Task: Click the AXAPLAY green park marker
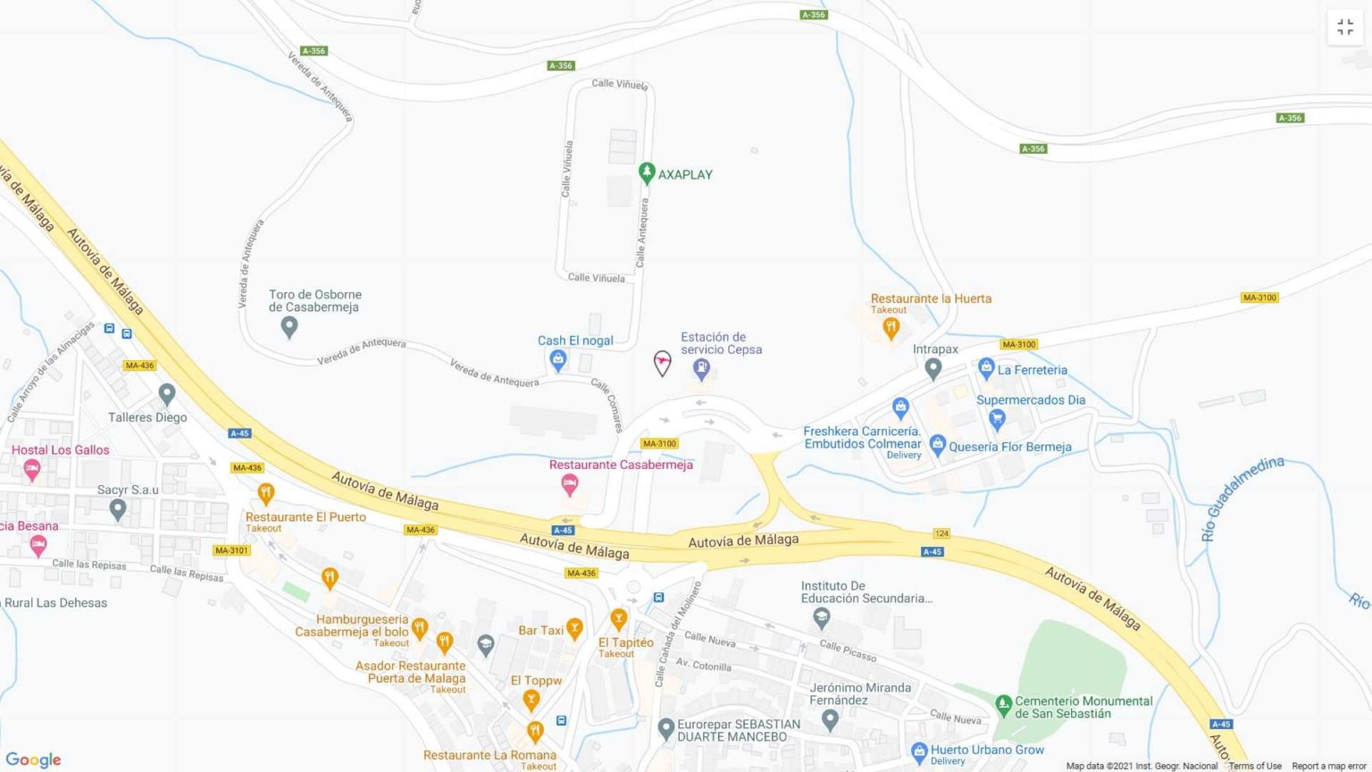pyautogui.click(x=647, y=172)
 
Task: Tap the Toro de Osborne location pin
pyautogui.click(x=289, y=327)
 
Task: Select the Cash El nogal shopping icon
pyautogui.click(x=558, y=360)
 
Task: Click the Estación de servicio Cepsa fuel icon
pyautogui.click(x=702, y=367)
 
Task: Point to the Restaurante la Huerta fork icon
pyautogui.click(x=890, y=328)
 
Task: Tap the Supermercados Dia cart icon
pyautogui.click(x=997, y=418)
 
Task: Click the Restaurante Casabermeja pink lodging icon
pyautogui.click(x=569, y=484)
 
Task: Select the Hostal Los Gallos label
pyautogui.click(x=61, y=450)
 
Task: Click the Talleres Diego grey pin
pyautogui.click(x=166, y=393)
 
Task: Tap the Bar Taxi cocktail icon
pyautogui.click(x=574, y=629)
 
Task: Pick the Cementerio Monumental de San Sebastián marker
pyautogui.click(x=1003, y=703)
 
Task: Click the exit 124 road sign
pyautogui.click(x=941, y=533)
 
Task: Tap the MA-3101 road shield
pyautogui.click(x=231, y=550)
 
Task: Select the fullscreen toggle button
pyautogui.click(x=1345, y=28)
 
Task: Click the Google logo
pyautogui.click(x=33, y=759)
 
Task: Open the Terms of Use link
pyautogui.click(x=1255, y=766)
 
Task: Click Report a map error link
pyautogui.click(x=1329, y=766)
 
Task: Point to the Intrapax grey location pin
pyautogui.click(x=933, y=367)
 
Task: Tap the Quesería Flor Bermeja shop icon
pyautogui.click(x=937, y=443)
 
